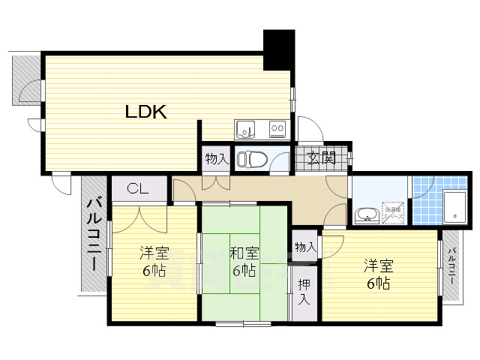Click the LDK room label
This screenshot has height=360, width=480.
pyautogui.click(x=145, y=112)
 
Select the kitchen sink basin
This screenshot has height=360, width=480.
pyautogui.click(x=246, y=130)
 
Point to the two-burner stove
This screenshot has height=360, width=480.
pyautogui.click(x=277, y=130)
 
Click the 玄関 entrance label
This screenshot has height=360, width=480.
pyautogui.click(x=321, y=158)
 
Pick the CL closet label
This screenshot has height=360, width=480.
pyautogui.click(x=137, y=188)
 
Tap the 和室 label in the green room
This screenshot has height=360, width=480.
pyautogui.click(x=244, y=253)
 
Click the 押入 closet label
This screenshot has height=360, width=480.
pyautogui.click(x=304, y=291)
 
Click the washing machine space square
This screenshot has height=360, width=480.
pyautogui.click(x=394, y=212)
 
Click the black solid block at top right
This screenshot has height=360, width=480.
pyautogui.click(x=278, y=49)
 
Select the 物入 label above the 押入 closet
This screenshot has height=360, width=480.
pyautogui.click(x=304, y=247)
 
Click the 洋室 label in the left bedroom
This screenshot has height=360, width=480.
pyautogui.click(x=154, y=253)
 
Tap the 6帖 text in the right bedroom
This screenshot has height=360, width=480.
pyautogui.click(x=378, y=283)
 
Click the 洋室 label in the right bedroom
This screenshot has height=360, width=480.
pyautogui.click(x=378, y=265)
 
